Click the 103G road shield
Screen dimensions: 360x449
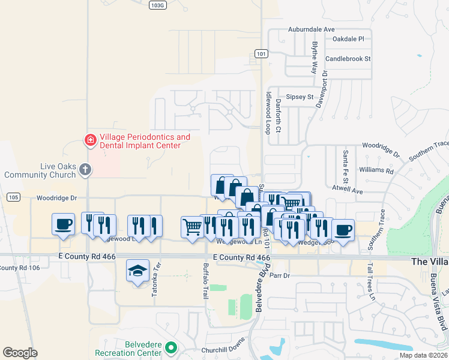pyautogui.click(x=157, y=4)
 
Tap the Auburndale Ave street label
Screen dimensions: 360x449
pyautogui.click(x=311, y=29)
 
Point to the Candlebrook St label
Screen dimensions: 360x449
pyautogui.click(x=348, y=59)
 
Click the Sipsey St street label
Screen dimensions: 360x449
pyautogui.click(x=300, y=97)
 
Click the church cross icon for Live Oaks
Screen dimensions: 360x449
pyautogui.click(x=85, y=170)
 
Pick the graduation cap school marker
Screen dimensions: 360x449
pyautogui.click(x=138, y=271)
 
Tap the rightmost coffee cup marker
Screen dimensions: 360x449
pyautogui.click(x=343, y=230)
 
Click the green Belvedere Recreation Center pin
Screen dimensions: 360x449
pyautogui.click(x=171, y=347)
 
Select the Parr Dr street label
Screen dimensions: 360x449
pyautogui.click(x=280, y=275)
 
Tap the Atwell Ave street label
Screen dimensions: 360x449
pyautogui.click(x=348, y=191)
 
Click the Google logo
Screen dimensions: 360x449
pyautogui.click(x=20, y=352)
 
